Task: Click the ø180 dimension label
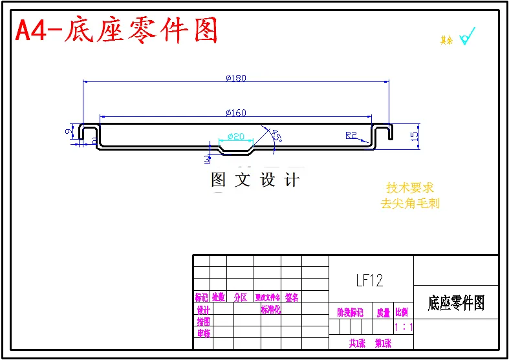coord(236,78)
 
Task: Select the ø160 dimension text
coord(236,113)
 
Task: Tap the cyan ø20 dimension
coord(235,136)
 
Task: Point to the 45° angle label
coord(276,136)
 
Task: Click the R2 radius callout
coord(351,135)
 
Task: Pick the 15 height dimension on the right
coord(414,136)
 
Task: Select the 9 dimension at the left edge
coord(69,132)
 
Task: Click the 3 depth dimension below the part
coord(207,158)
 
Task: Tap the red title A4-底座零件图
coord(116,30)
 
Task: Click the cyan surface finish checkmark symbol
coord(467,36)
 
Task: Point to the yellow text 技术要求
coord(410,188)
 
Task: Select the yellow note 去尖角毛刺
coord(410,203)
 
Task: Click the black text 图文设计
coord(256,180)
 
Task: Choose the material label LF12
coord(369,281)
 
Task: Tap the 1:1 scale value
coord(404,327)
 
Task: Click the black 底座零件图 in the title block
coord(456,302)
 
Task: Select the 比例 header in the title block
coord(402,312)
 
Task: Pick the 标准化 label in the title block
coord(270,310)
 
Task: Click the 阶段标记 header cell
coord(351,312)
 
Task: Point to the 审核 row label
coord(203,334)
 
